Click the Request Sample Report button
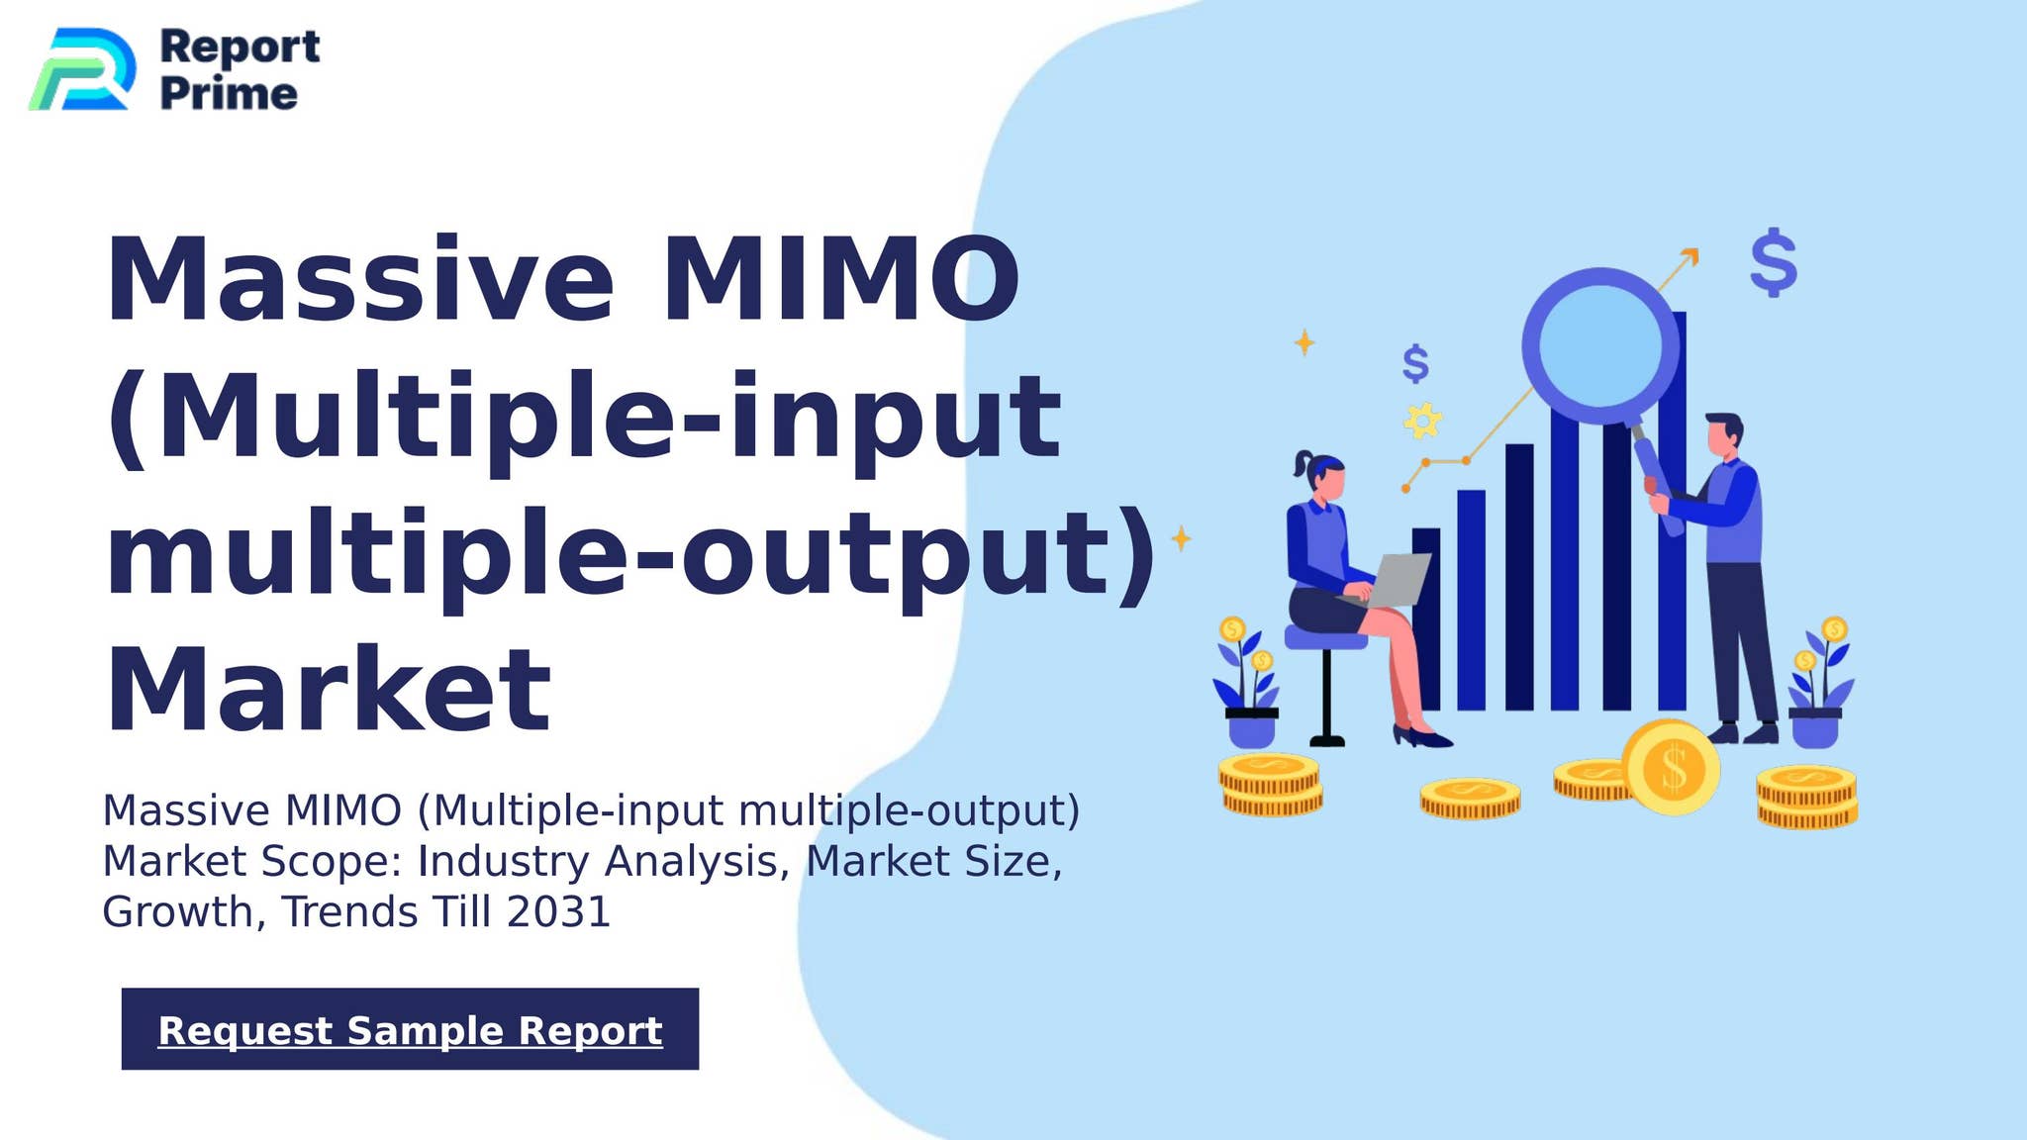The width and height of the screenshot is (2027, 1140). tap(410, 1029)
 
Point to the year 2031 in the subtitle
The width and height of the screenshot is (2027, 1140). tap(558, 911)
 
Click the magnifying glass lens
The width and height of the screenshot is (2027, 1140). tap(1600, 343)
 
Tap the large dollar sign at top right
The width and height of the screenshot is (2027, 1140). tap(1773, 262)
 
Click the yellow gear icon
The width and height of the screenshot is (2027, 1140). tap(1422, 421)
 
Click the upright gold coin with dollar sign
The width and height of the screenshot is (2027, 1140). tap(1672, 768)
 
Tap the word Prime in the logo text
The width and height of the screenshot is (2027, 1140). tap(229, 94)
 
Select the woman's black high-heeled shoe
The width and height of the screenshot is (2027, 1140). tap(1421, 736)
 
